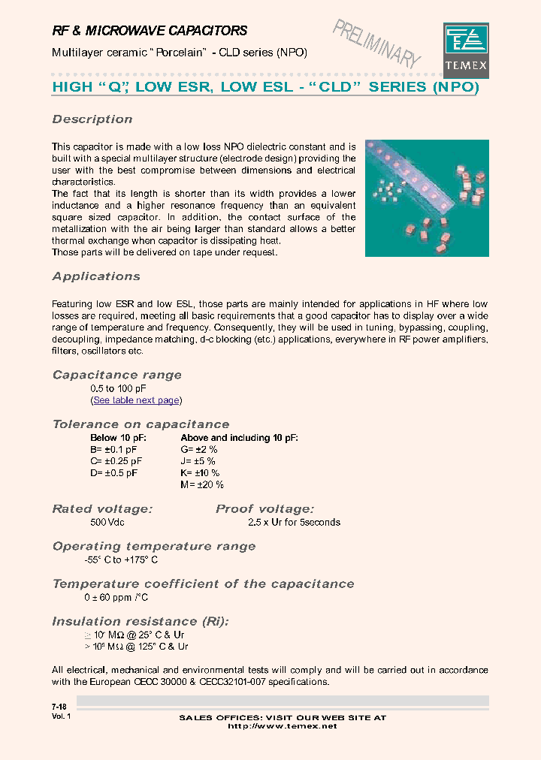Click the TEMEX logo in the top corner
pyautogui.click(x=466, y=47)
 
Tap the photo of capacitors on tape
pyautogui.click(x=427, y=198)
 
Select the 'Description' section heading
pyautogui.click(x=92, y=119)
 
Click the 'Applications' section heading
pyautogui.click(x=96, y=276)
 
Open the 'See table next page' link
pyautogui.click(x=136, y=400)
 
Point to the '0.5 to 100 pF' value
pyautogui.click(x=118, y=388)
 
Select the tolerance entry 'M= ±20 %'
pyautogui.click(x=202, y=485)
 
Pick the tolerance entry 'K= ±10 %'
pyautogui.click(x=200, y=473)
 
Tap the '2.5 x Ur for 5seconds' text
pyautogui.click(x=294, y=522)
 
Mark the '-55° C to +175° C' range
pyautogui.click(x=121, y=559)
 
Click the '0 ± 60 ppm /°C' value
pyautogui.click(x=116, y=597)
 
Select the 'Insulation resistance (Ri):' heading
pyautogui.click(x=141, y=622)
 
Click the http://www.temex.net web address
pyautogui.click(x=282, y=726)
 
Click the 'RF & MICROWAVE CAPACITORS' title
pyautogui.click(x=149, y=31)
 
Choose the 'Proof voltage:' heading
pyautogui.click(x=264, y=509)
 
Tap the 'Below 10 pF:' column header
pyautogui.click(x=118, y=437)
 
